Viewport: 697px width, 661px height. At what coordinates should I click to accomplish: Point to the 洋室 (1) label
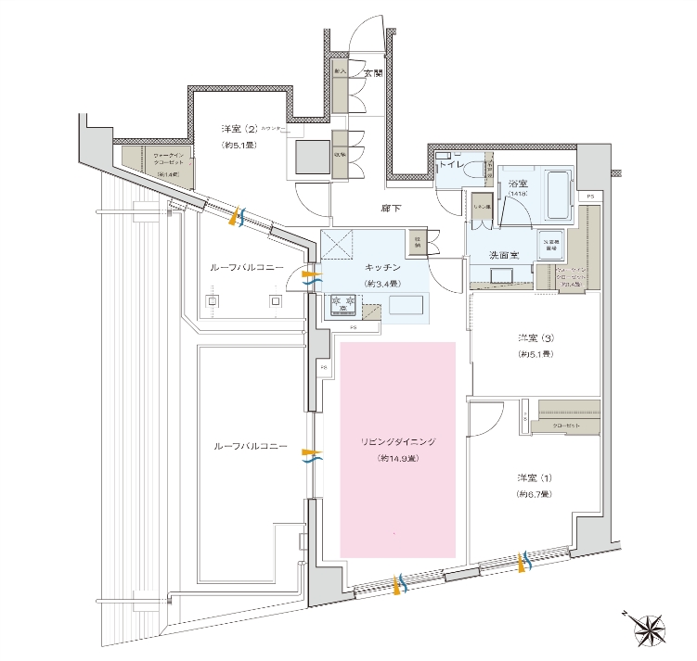536,477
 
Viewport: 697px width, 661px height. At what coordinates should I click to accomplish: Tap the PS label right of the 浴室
589,197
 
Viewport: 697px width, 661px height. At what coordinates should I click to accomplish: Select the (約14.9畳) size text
398,459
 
